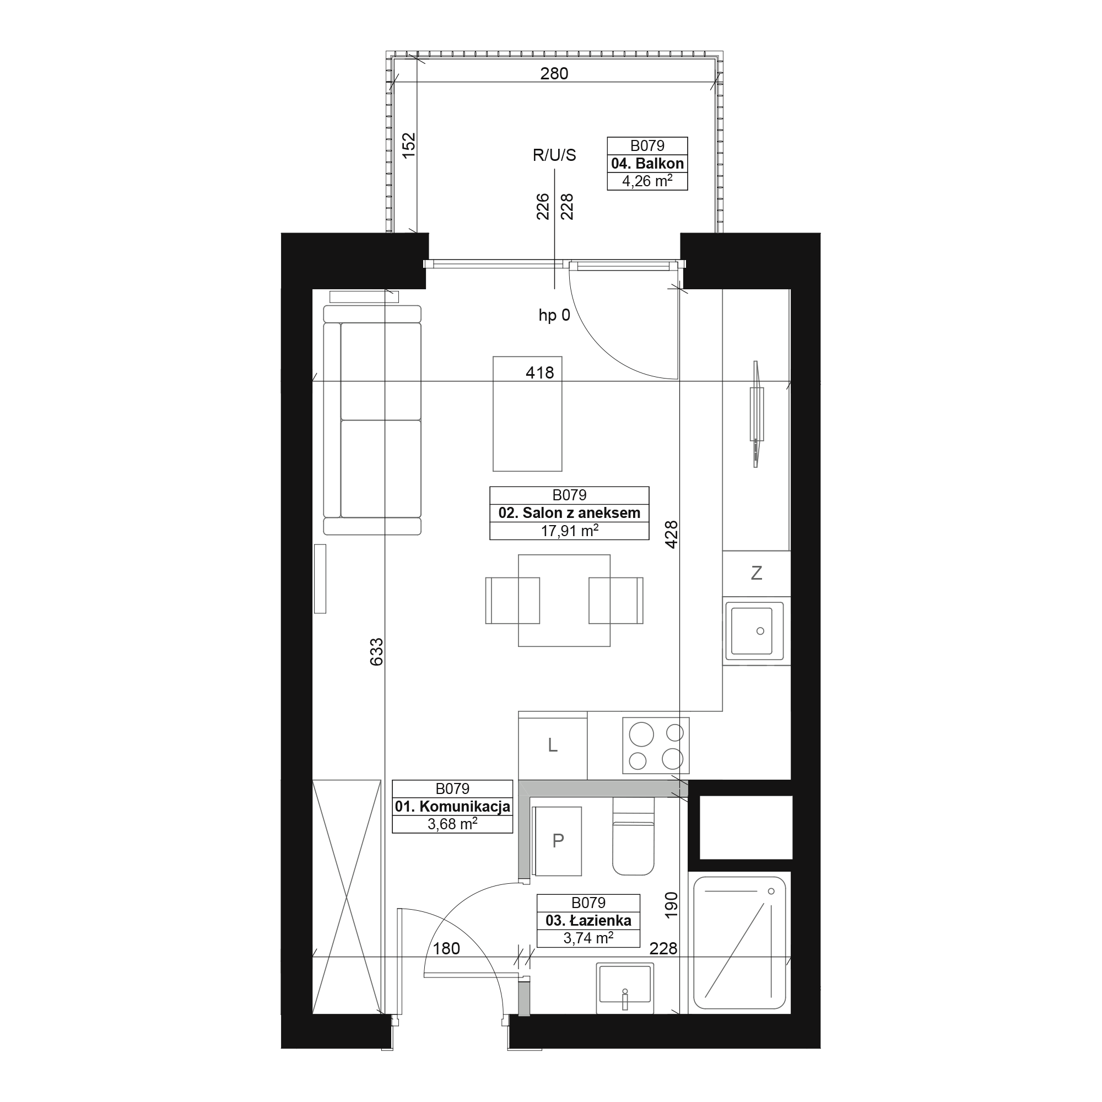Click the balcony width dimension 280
click(554, 74)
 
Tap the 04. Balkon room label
click(647, 164)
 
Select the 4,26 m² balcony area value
click(647, 181)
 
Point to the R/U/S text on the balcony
click(554, 155)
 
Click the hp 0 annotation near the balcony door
click(554, 315)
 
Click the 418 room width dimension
click(539, 373)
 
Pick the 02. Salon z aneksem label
click(569, 513)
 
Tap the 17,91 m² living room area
click(569, 531)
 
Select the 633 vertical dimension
click(376, 652)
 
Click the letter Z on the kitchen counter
click(757, 572)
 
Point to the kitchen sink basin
click(752, 630)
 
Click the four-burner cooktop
click(656, 746)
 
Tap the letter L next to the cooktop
click(552, 745)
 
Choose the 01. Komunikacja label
click(452, 807)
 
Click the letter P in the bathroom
click(558, 840)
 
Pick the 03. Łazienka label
click(588, 920)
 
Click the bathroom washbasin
click(625, 988)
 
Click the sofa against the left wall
click(372, 420)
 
